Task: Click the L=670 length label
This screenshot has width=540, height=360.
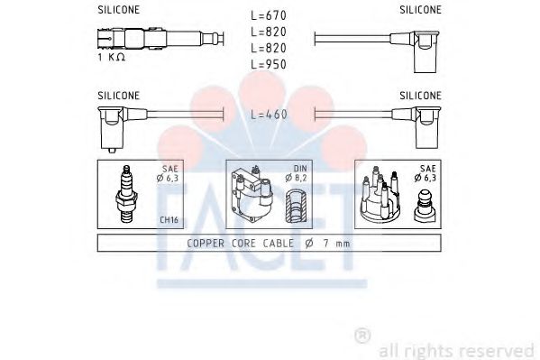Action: click(269, 15)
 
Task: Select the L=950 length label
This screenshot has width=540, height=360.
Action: click(269, 64)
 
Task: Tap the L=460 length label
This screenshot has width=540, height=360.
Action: click(269, 115)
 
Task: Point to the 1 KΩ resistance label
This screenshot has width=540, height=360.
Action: click(111, 57)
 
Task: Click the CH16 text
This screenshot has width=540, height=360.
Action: click(169, 219)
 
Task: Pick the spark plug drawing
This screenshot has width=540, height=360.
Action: click(126, 194)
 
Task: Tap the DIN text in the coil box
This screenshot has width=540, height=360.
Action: click(300, 169)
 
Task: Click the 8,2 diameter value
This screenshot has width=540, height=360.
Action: click(300, 178)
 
